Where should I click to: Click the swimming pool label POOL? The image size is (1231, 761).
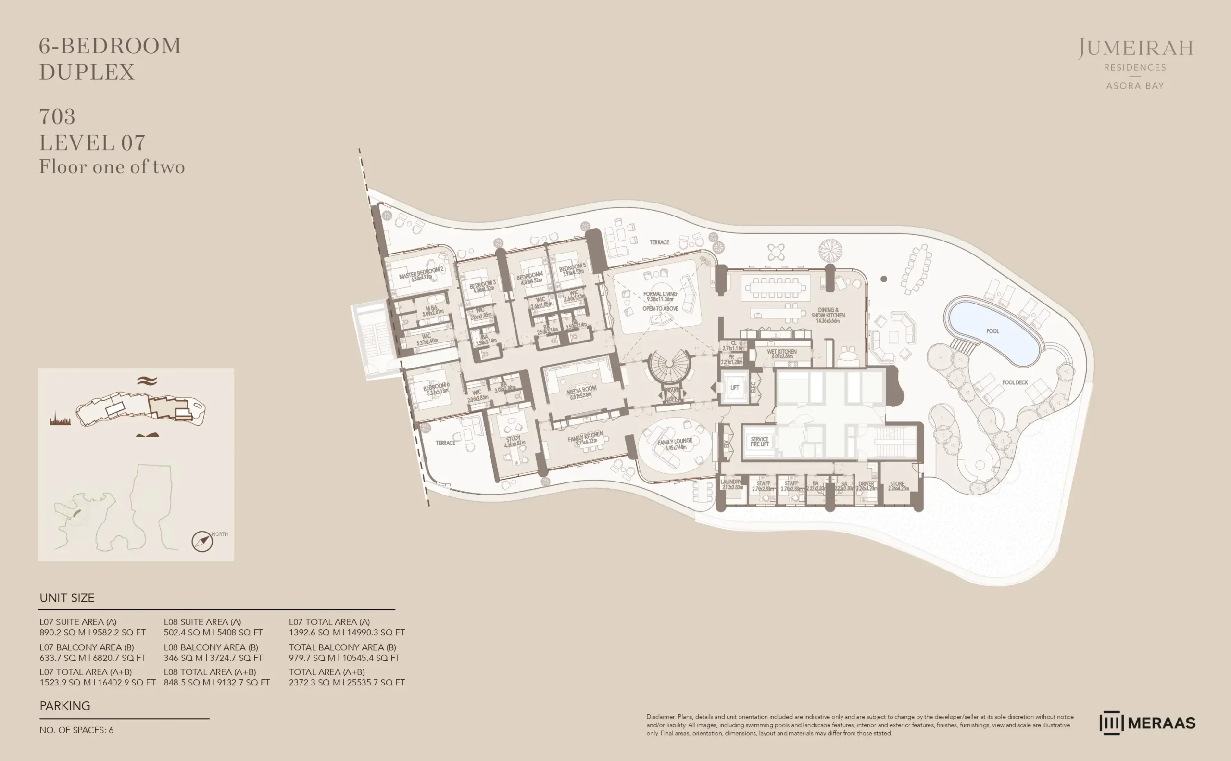coord(992,331)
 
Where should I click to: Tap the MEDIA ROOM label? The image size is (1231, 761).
coord(581,391)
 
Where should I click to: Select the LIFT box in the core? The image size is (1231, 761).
coord(734,388)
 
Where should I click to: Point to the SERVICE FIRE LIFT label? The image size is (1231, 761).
coord(760,442)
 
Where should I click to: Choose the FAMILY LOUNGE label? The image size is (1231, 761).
coord(675,443)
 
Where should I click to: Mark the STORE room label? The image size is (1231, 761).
coord(897,484)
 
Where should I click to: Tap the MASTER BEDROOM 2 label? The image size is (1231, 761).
coord(422,273)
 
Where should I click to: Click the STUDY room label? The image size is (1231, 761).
coord(513,439)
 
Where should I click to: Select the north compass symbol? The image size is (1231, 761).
coord(202,542)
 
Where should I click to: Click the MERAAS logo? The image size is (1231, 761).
coord(1147,723)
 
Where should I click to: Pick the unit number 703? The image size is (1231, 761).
coord(57,117)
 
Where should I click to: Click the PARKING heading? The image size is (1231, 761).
coord(65,706)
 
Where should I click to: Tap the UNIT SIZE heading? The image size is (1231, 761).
coord(67,598)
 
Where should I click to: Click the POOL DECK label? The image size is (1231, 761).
coord(1015,382)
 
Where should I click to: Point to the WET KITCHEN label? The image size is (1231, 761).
coord(781,352)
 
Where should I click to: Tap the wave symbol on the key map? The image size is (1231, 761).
coord(147,381)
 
